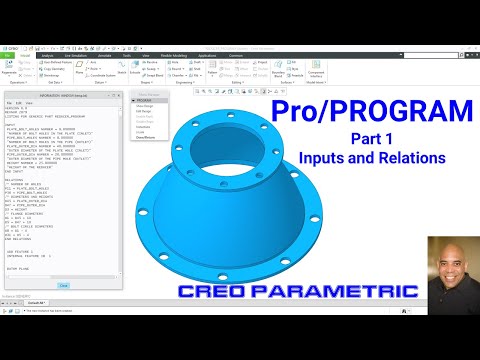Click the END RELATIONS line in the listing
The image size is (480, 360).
point(21,240)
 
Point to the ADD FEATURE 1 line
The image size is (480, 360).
point(22,252)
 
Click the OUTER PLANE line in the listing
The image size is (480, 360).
point(21,268)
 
